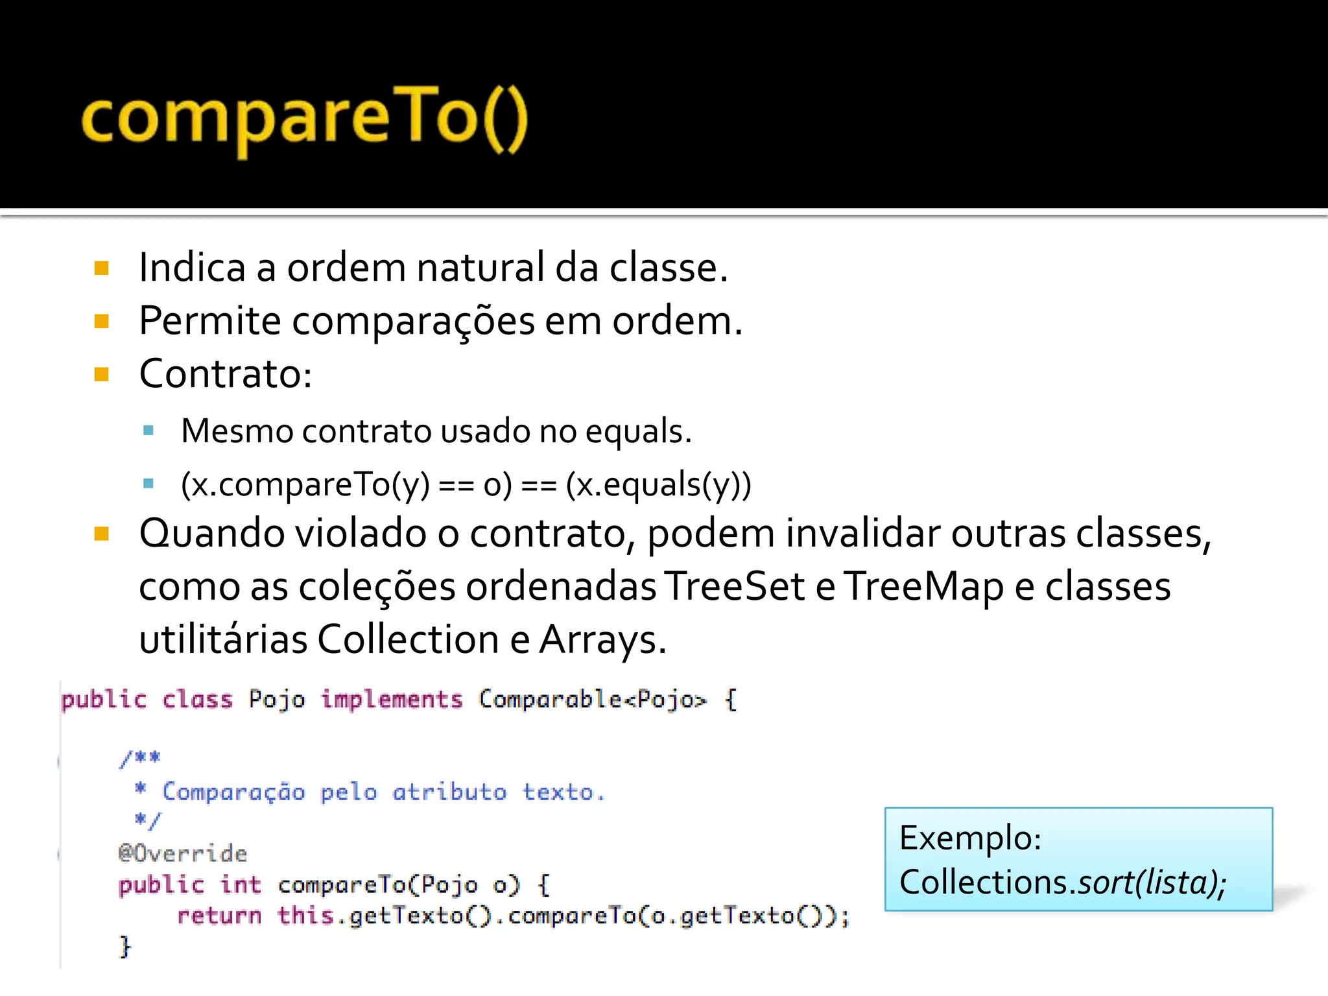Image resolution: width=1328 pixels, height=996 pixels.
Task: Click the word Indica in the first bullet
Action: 192,268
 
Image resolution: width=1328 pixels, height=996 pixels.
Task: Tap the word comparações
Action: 413,321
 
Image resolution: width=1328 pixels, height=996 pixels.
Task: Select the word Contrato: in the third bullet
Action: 226,374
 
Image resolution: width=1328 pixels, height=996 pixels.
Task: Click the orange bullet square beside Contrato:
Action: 102,374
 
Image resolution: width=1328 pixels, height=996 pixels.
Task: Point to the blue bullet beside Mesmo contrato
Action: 148,430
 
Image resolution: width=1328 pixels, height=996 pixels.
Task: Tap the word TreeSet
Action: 735,587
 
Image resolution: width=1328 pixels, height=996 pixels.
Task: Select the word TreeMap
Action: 923,587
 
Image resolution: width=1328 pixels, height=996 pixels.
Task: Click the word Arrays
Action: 602,640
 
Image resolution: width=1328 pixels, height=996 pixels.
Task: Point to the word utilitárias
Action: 223,640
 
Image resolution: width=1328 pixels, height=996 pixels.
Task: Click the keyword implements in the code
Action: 392,700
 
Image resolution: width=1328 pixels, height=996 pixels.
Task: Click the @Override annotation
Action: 183,853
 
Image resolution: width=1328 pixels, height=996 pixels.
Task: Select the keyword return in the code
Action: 219,916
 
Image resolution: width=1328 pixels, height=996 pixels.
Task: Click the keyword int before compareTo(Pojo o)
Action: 241,884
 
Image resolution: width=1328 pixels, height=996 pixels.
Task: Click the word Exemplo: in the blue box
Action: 970,838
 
